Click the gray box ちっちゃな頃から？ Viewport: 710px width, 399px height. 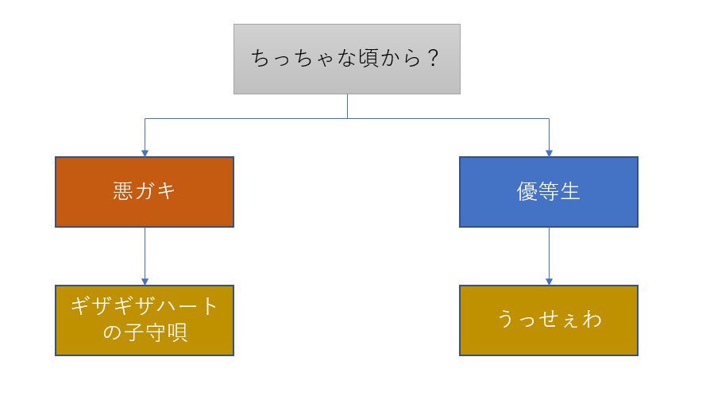346,59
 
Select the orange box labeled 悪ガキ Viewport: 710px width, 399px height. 145,191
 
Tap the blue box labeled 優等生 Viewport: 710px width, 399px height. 548,191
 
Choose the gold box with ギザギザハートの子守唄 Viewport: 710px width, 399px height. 145,320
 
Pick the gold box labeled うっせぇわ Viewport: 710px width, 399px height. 548,320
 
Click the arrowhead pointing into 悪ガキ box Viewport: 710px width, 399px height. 145,152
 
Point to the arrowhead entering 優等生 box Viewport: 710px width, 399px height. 549,152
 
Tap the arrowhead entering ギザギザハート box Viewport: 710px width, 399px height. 145,281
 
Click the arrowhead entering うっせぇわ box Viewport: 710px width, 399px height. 549,281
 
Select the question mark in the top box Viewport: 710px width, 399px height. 432,59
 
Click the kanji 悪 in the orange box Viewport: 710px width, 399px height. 123,192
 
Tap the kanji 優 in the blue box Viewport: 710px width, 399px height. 527,192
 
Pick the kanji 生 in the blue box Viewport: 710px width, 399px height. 570,192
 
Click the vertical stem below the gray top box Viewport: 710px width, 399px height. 347,106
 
